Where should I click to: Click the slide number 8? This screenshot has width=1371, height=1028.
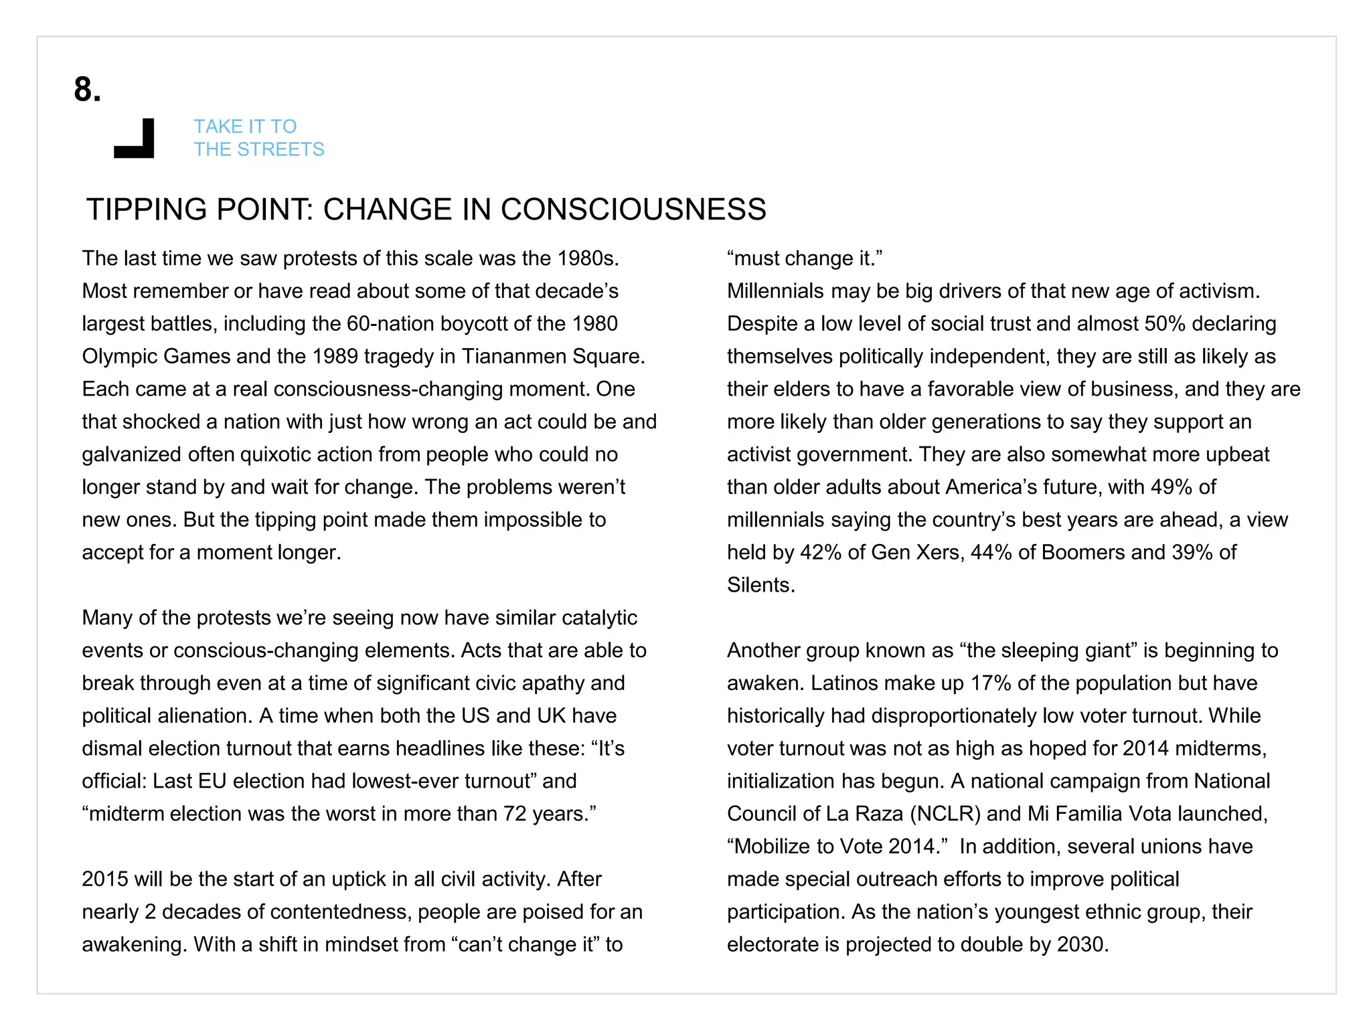(87, 90)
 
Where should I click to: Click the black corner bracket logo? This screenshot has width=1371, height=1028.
(136, 141)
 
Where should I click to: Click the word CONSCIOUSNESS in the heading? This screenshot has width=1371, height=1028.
(633, 209)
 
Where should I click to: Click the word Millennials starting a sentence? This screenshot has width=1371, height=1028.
(775, 291)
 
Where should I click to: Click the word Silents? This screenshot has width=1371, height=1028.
(760, 586)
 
